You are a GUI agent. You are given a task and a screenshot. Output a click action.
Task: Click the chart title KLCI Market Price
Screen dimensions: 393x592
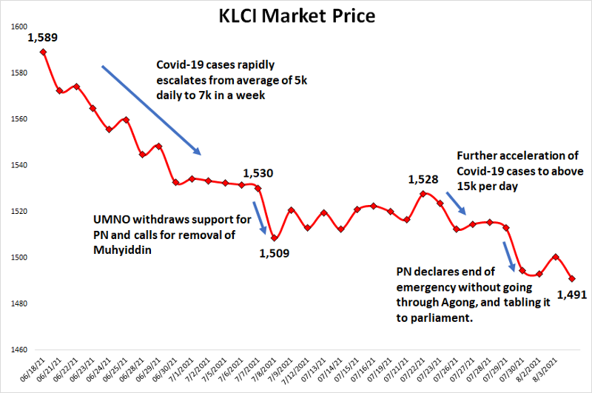coord(296,16)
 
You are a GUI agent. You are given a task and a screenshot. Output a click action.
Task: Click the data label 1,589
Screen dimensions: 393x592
coord(42,37)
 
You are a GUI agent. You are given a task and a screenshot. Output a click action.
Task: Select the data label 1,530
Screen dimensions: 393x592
coord(258,173)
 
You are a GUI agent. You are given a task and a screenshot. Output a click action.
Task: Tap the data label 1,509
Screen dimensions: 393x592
coord(274,253)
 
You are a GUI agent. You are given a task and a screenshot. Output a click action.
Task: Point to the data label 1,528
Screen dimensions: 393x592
coord(423,179)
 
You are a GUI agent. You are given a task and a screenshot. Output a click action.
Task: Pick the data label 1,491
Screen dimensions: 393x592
coord(572,295)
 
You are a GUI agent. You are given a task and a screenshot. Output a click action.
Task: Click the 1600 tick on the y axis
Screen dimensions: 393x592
coord(19,27)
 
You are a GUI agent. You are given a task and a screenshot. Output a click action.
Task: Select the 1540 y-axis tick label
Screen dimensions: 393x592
coord(19,165)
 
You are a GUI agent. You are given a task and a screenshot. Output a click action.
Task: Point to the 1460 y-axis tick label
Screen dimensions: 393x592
coord(19,350)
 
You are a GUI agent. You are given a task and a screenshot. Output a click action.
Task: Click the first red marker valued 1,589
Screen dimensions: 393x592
coord(44,52)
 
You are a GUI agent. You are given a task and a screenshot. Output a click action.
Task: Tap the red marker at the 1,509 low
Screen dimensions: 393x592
coord(275,238)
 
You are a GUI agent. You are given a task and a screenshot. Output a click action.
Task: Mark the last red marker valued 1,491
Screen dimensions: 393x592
coord(572,279)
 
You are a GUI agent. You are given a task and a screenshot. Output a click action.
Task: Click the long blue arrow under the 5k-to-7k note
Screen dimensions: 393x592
coord(151,110)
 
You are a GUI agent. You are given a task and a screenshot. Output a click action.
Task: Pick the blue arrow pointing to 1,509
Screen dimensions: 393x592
coord(260,218)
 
